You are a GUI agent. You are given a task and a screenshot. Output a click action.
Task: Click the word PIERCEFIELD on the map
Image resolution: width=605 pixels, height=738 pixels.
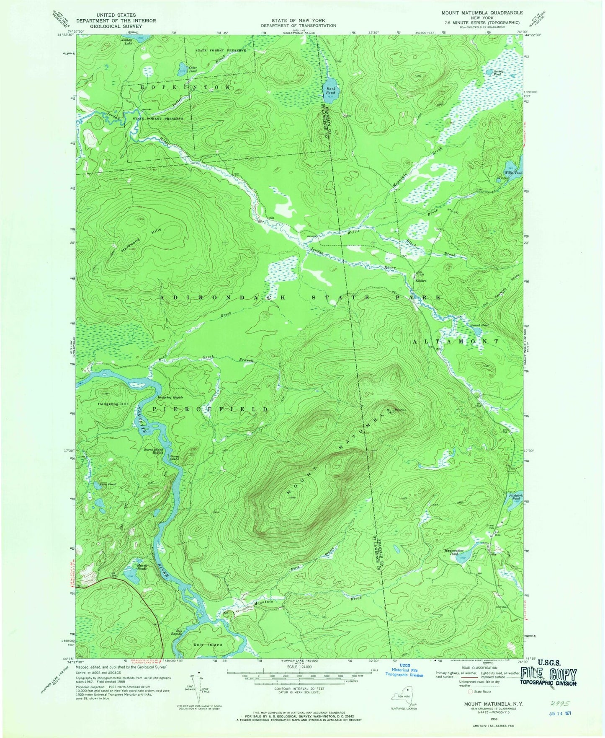[x=209, y=409]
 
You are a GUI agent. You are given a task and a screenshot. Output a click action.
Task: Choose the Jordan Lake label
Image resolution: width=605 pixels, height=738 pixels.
[x=126, y=42]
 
